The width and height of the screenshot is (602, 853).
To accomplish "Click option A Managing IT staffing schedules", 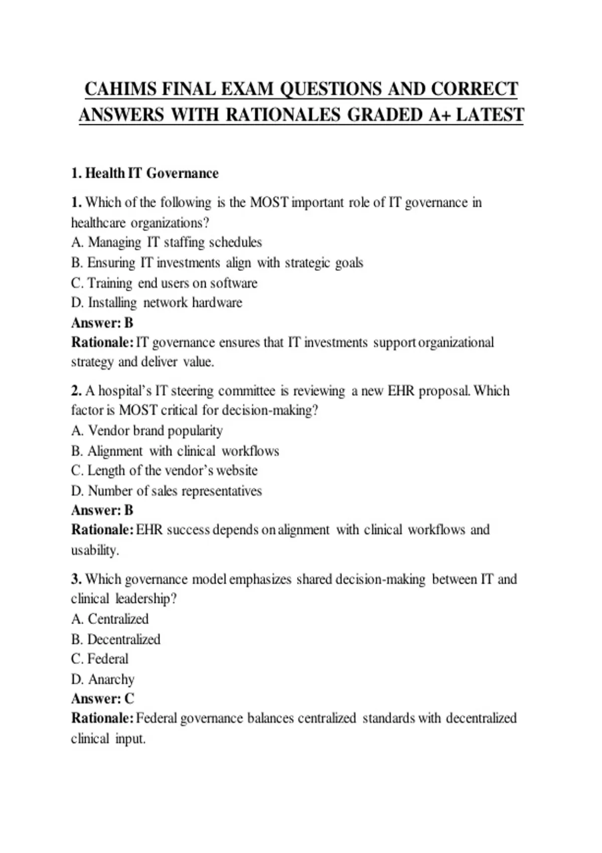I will pyautogui.click(x=167, y=243).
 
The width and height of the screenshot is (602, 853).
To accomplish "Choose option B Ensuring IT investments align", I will pyautogui.click(x=217, y=263).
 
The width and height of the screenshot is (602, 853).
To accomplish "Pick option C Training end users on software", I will pyautogui.click(x=164, y=283).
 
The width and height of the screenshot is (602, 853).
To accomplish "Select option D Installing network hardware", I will pyautogui.click(x=157, y=303).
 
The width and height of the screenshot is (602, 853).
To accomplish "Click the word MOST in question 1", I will pyautogui.click(x=269, y=203).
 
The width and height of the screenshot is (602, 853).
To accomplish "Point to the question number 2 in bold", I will pyautogui.click(x=76, y=391).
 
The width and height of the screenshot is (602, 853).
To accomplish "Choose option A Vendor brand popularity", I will pyautogui.click(x=147, y=431).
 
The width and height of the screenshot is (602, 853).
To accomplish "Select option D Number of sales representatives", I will pyautogui.click(x=167, y=491).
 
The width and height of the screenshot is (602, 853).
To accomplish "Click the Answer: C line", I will pyautogui.click(x=103, y=698).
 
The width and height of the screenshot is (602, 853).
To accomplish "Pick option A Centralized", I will pyautogui.click(x=110, y=619).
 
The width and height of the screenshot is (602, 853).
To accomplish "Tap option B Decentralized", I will pyautogui.click(x=116, y=639).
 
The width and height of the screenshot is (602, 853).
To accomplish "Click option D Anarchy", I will pyautogui.click(x=103, y=679).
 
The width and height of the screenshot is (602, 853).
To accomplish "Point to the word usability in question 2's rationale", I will pyautogui.click(x=94, y=550).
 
